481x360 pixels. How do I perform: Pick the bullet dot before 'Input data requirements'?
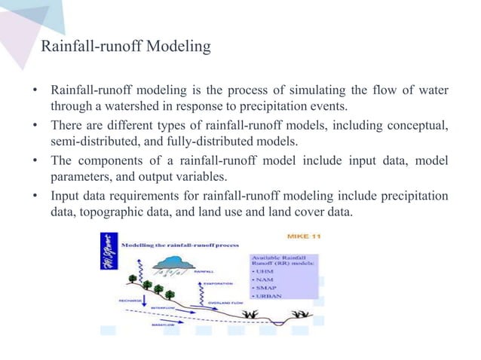[35, 197]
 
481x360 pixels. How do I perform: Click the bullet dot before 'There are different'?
[35, 125]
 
